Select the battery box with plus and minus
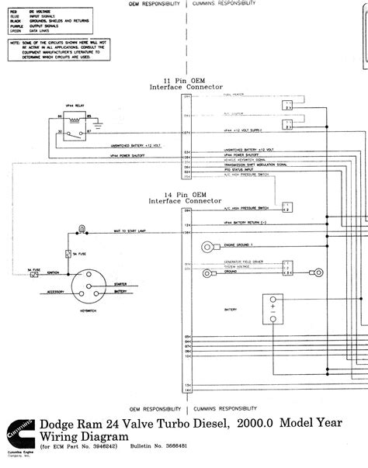pyautogui.click(x=273, y=308)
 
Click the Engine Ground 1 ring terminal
pyautogui.click(x=209, y=247)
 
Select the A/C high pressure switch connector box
pyautogui.click(x=288, y=207)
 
